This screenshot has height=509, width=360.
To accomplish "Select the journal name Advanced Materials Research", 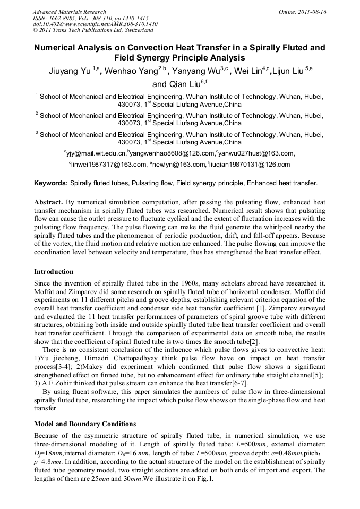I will (69, 12).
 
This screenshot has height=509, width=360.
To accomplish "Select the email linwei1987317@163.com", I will (109, 165).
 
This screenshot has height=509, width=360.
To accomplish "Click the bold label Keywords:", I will (51, 183).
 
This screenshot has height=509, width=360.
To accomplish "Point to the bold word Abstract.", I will (48, 202).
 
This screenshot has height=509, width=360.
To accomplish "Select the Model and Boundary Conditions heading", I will (85, 424).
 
